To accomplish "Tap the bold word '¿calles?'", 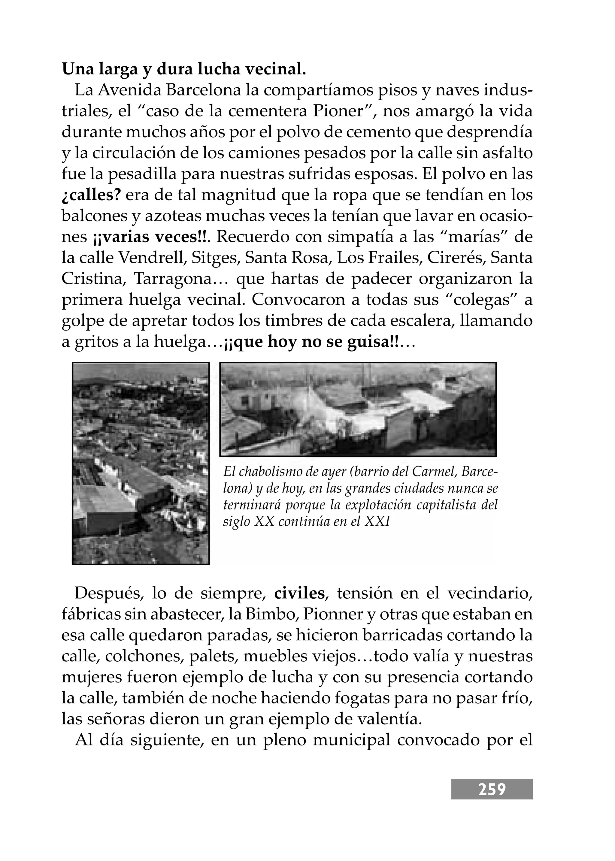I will tap(91, 195).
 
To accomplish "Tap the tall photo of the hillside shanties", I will tap(141, 464).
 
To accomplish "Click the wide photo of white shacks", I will tap(358, 409).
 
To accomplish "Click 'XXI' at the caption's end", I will tap(377, 521).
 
